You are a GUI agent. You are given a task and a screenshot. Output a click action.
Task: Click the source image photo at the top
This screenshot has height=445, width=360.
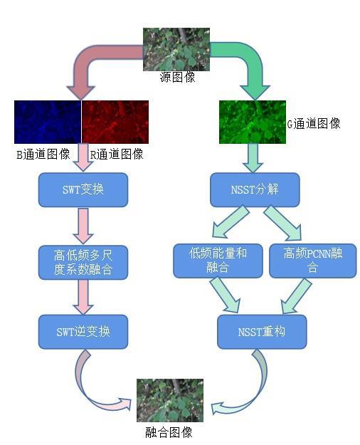tap(176, 49)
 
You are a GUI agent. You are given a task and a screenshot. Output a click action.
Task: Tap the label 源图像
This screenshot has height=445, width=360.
tap(177, 77)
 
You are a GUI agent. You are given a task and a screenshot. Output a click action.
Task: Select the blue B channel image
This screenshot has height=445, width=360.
tap(48, 122)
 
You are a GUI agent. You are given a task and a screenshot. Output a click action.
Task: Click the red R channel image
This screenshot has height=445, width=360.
tap(115, 122)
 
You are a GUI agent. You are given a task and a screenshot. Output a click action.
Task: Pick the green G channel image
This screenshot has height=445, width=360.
tap(253, 122)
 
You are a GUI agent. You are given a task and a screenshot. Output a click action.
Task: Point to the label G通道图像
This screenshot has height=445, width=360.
tap(314, 124)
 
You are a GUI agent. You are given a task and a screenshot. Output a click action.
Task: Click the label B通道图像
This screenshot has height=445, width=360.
tap(43, 155)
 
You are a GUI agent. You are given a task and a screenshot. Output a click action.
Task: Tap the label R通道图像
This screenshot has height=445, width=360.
tap(117, 155)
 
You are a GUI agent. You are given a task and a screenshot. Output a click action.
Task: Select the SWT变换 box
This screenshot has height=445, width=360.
tap(83, 189)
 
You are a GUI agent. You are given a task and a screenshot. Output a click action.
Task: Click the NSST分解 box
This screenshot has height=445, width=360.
tap(255, 189)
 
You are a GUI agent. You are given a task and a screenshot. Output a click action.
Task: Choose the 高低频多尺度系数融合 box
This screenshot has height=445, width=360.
tap(83, 263)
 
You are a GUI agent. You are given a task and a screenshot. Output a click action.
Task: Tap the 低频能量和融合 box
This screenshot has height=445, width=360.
tap(218, 261)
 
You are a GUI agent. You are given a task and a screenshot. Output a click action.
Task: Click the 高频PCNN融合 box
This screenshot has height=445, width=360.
tap(312, 261)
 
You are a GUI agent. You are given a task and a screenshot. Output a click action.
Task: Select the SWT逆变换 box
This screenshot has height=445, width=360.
tap(83, 332)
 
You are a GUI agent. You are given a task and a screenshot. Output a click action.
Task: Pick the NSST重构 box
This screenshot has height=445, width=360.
tap(262, 332)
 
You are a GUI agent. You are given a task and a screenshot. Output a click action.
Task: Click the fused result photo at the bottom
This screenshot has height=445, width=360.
tap(170, 400)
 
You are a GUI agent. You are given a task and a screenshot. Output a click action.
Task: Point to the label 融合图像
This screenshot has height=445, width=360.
tap(169, 433)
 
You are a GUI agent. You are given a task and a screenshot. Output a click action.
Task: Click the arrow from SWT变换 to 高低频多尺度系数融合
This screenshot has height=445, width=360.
tap(83, 226)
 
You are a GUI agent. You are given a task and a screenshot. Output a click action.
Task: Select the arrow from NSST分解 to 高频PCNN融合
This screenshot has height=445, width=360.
tap(283, 223)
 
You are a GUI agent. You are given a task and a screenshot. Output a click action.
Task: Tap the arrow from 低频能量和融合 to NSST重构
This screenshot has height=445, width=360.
tap(226, 294)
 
